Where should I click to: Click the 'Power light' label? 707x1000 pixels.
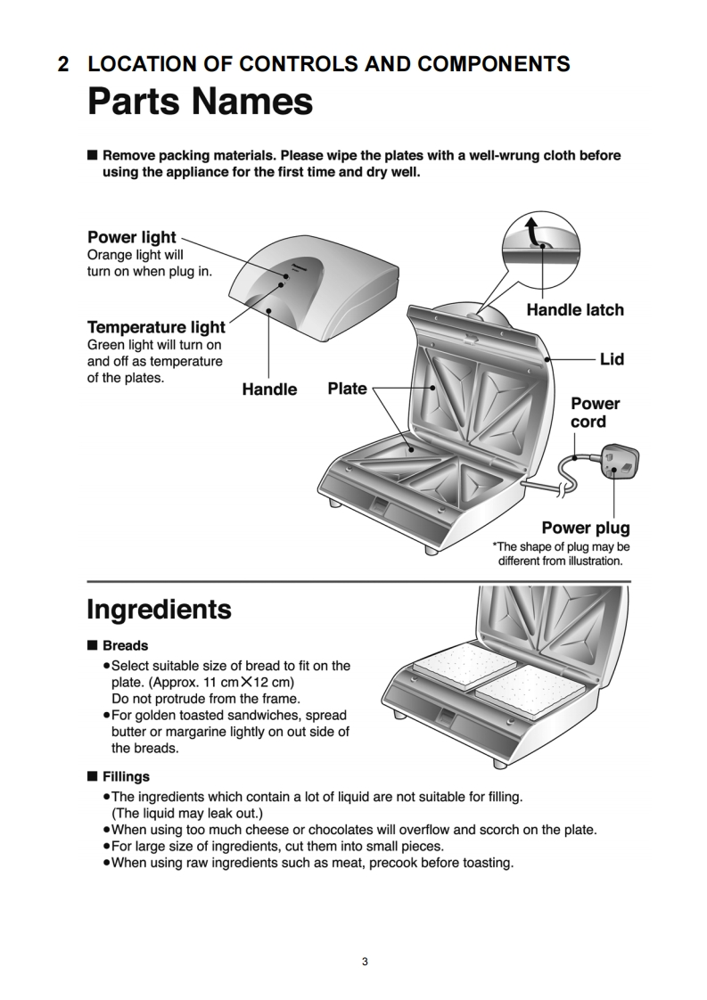(x=132, y=237)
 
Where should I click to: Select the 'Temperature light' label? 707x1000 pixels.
(x=156, y=327)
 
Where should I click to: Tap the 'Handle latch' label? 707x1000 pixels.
(x=575, y=310)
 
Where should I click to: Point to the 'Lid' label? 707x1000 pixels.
(x=612, y=359)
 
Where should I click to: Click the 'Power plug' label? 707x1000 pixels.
(x=586, y=528)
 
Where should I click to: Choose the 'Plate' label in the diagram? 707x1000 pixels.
(x=347, y=388)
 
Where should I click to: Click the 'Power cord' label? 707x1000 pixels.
(x=595, y=412)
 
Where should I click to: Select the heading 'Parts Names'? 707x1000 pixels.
(x=200, y=102)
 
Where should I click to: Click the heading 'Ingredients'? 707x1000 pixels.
(x=159, y=610)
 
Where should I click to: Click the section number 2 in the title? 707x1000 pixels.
(x=62, y=64)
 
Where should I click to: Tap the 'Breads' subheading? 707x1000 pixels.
(x=125, y=645)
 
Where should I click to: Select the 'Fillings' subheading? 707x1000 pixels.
(x=126, y=776)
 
